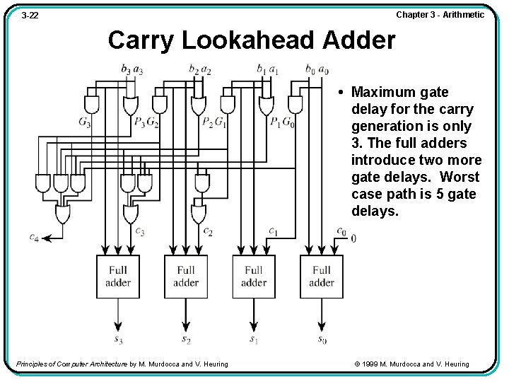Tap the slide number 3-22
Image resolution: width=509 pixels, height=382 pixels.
pyautogui.click(x=30, y=15)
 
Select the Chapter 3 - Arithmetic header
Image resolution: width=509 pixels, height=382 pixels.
pyautogui.click(x=440, y=15)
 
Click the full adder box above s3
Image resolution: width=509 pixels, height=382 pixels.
pyautogui.click(x=118, y=276)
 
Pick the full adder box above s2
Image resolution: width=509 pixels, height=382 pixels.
pyautogui.click(x=186, y=276)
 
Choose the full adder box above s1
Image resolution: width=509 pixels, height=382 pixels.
pyautogui.click(x=254, y=276)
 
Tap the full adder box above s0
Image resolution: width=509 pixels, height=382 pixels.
pyautogui.click(x=322, y=276)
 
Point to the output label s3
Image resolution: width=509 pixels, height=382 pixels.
pyautogui.click(x=118, y=340)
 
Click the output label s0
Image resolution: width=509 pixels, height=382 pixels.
pyautogui.click(x=322, y=340)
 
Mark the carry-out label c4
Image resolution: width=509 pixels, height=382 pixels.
pyautogui.click(x=34, y=237)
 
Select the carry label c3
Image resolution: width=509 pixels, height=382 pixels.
pyautogui.click(x=140, y=231)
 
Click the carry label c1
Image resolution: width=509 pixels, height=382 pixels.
pyautogui.click(x=274, y=231)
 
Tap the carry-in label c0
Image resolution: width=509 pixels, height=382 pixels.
pyautogui.click(x=341, y=231)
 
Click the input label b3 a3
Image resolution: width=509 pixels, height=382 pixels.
pyautogui.click(x=132, y=69)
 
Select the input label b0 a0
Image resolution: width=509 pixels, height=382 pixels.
pyautogui.click(x=316, y=69)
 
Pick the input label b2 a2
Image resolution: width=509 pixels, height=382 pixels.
pyautogui.click(x=200, y=69)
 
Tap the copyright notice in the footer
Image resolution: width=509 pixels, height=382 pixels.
pyautogui.click(x=411, y=364)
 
